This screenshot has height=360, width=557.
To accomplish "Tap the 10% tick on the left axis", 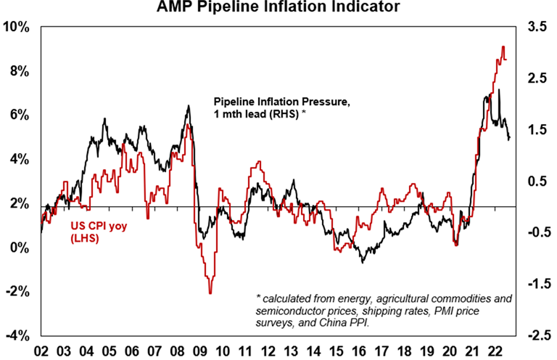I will click(17, 28).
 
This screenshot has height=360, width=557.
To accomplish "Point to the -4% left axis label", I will click(17, 336).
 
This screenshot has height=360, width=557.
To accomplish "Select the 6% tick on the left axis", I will click(20, 115).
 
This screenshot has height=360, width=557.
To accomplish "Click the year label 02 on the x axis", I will click(41, 349).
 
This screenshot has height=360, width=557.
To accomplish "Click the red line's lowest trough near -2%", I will click(210, 292).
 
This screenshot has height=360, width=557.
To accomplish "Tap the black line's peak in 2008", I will click(189, 106).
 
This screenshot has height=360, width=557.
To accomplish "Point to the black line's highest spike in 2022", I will click(499, 90).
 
